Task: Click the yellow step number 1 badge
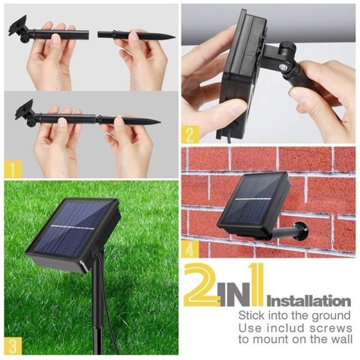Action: click(13, 168)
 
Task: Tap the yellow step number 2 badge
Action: click(190, 135)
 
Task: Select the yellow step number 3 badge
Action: click(13, 346)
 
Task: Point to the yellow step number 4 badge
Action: click(190, 248)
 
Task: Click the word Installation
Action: click(308, 301)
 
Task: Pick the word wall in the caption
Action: click(340, 340)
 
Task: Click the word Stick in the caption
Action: click(251, 315)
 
